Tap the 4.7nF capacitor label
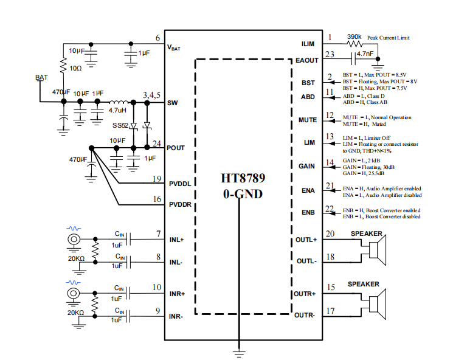tap(365, 54)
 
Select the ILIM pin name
tap(308, 44)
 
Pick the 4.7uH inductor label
tap(118, 111)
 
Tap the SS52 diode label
tap(120, 125)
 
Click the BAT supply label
tap(41, 77)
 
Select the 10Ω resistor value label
tap(75, 68)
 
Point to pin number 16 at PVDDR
tap(157, 199)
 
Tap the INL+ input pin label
tap(177, 240)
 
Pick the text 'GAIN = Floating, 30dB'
tap(367, 165)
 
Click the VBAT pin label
tap(174, 47)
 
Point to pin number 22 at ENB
tap(330, 209)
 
